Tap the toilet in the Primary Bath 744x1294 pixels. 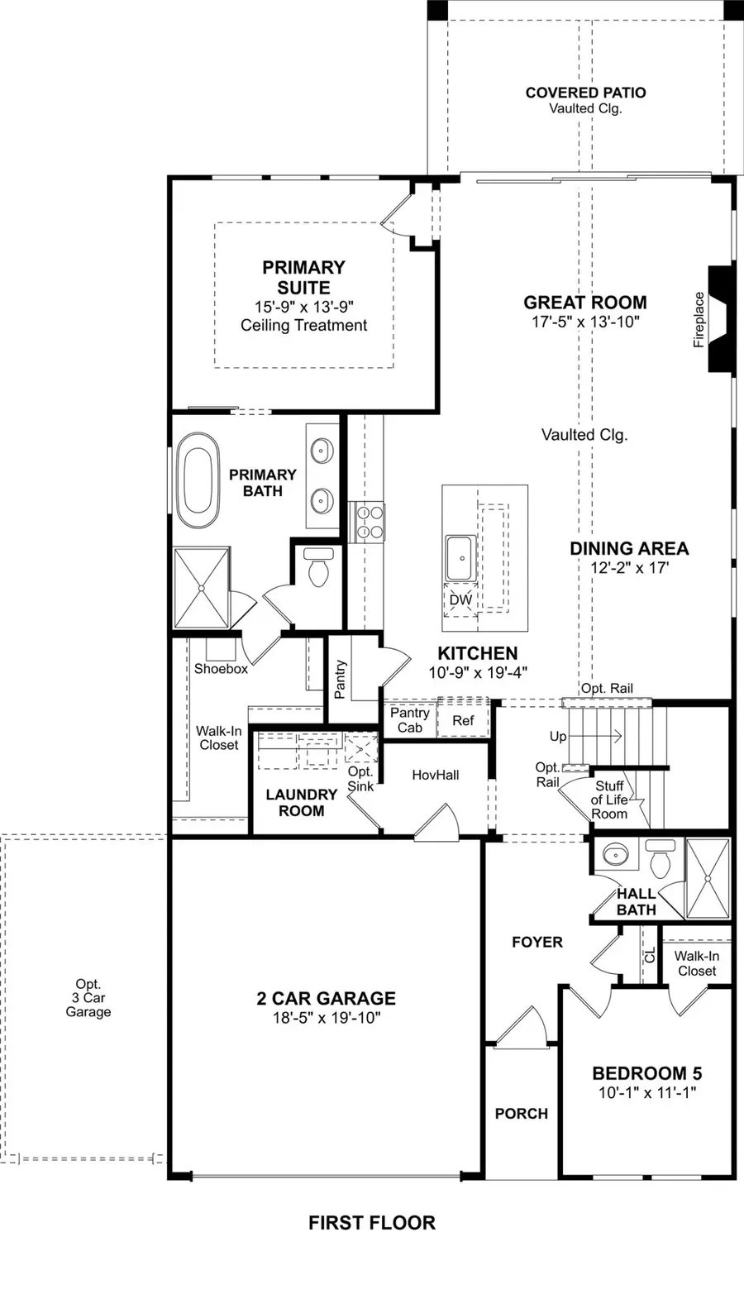coord(317,567)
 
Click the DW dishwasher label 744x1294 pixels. coord(460,599)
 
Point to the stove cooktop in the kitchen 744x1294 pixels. coord(367,522)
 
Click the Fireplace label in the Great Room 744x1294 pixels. coord(699,319)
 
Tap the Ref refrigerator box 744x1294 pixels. coord(463,720)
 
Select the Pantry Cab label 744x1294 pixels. coord(410,720)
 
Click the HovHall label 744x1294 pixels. coord(436,775)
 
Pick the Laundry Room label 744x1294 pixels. coord(301,802)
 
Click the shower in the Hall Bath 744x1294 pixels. coord(708,878)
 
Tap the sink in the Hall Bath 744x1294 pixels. coord(614,853)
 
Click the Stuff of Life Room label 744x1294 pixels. coord(610,800)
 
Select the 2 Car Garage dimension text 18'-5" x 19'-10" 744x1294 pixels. coord(326,1017)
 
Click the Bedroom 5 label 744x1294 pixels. coord(646,1073)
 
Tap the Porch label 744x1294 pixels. coord(521,1114)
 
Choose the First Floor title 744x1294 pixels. coord(372,1222)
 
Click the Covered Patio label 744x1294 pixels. coord(585,93)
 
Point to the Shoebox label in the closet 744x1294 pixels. coord(221,668)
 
